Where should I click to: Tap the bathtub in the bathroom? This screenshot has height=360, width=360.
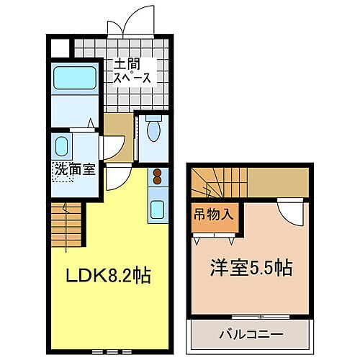74,78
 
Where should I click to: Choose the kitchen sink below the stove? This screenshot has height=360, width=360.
157,210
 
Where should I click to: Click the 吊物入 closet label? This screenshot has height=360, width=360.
213,214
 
